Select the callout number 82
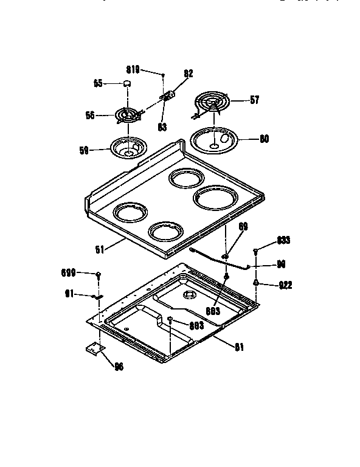point(188,74)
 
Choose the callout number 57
point(254,100)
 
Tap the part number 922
point(285,283)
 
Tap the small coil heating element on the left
point(128,115)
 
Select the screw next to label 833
point(257,249)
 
